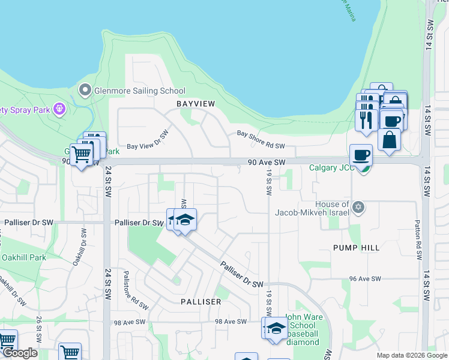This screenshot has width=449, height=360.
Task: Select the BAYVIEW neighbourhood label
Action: [x=195, y=104]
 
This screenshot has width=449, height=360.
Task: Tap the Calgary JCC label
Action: [x=331, y=168]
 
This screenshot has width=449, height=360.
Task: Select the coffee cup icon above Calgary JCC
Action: [x=361, y=155]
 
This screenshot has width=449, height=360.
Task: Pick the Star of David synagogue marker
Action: [x=359, y=208]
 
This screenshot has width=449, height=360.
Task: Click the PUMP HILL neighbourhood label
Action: [x=357, y=247]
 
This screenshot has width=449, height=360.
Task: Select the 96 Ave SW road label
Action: [x=366, y=279]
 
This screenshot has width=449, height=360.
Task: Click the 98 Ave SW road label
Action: [x=231, y=322]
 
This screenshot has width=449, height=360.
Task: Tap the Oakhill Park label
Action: [x=23, y=258]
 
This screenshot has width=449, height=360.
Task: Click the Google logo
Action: [x=20, y=353]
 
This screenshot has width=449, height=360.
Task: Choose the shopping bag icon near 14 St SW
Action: [x=390, y=139]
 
